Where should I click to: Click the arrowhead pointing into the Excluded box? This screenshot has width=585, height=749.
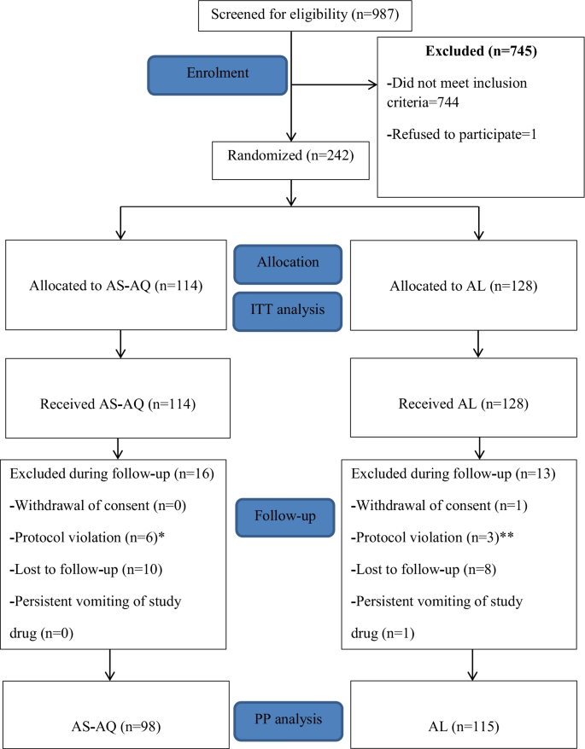pos(372,84)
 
